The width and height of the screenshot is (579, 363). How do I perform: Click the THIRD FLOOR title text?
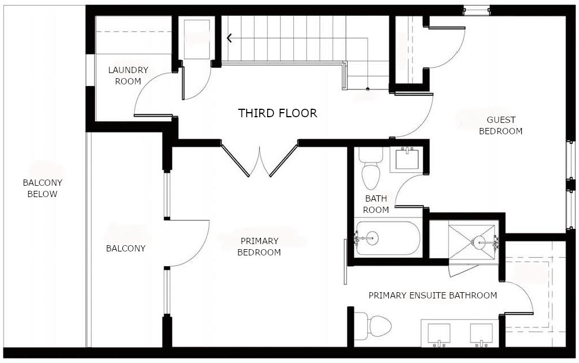coord(277,113)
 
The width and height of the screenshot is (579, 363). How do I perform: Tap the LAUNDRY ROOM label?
coord(128,76)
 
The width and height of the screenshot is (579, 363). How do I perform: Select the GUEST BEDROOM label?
coord(500,126)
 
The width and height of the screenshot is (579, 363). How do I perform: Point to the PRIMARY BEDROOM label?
coord(259,247)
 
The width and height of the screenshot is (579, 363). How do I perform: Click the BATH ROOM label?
coord(376,204)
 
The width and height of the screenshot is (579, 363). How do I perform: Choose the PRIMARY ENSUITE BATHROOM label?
coord(432,296)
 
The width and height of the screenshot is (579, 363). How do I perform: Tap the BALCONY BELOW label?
coord(42,189)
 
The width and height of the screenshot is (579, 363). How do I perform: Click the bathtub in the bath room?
coord(388,239)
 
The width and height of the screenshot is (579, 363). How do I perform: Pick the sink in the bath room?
coord(406,158)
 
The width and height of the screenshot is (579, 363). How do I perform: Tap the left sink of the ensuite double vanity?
coord(439,335)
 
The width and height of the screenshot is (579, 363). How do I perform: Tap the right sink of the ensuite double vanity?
coord(481,335)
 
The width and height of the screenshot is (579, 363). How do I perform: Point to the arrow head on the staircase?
coord(230,39)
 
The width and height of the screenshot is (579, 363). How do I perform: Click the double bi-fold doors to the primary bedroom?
coord(259,160)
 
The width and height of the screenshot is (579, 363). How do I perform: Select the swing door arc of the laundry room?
coord(149,91)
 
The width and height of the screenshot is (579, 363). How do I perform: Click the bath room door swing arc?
coord(406,188)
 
